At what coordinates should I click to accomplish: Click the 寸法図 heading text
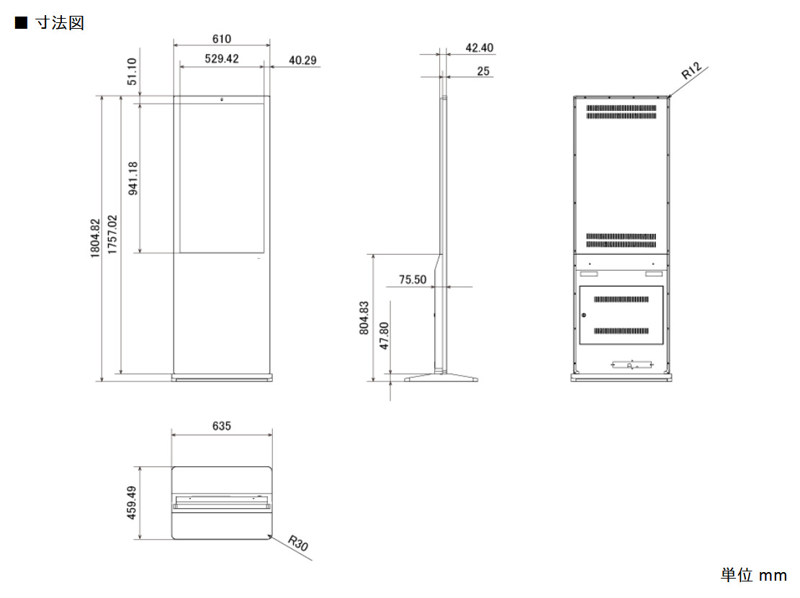tap(60, 23)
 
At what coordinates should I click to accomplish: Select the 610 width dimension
tap(222, 39)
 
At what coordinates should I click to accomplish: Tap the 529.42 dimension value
tap(222, 58)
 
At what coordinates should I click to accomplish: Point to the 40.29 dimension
tap(302, 60)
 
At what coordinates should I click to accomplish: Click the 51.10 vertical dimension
tap(132, 71)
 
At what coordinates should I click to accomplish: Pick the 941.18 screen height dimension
tap(133, 178)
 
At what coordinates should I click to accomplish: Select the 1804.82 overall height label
tap(95, 238)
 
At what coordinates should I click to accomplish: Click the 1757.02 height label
tap(112, 235)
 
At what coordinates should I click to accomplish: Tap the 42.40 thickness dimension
tap(479, 48)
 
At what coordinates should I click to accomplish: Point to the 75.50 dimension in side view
tap(413, 279)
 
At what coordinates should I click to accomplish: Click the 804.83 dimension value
tap(364, 318)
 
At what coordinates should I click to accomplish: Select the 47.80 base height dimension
tap(385, 335)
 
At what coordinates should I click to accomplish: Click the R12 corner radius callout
tap(692, 71)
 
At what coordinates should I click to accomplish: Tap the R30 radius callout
tap(298, 543)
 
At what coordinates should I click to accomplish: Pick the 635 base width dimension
tap(222, 426)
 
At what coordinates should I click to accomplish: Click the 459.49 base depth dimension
tap(132, 503)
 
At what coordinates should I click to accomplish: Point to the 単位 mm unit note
tap(754, 575)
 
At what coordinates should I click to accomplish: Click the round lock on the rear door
tap(584, 315)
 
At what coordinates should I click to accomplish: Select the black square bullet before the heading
tap(21, 23)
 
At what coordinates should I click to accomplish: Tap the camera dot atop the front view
tap(222, 99)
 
